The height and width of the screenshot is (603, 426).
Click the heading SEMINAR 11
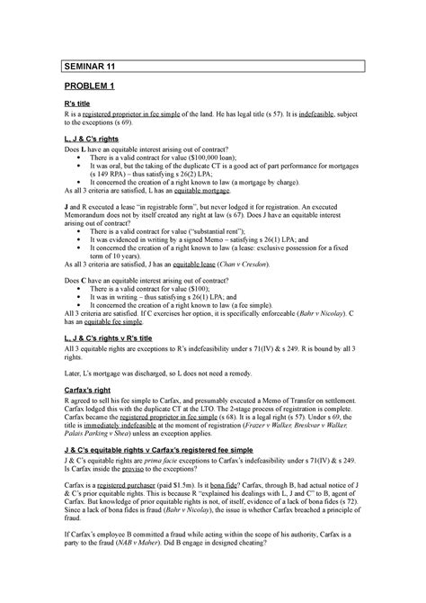(88, 67)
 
